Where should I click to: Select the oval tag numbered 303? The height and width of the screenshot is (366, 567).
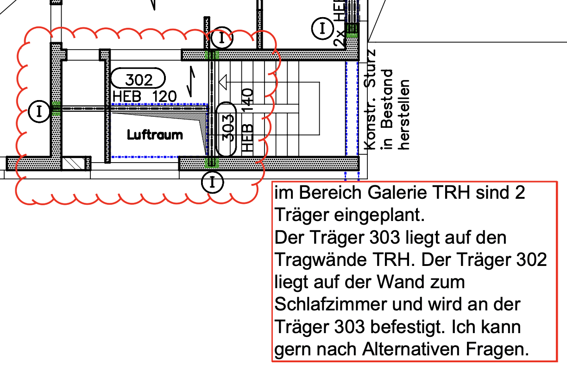click(227, 129)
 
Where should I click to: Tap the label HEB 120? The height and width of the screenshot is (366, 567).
click(145, 96)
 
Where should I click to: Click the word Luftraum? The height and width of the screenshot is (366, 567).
click(155, 135)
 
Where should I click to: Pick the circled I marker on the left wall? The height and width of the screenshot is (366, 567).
click(39, 111)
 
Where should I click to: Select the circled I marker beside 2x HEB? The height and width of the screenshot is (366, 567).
click(322, 29)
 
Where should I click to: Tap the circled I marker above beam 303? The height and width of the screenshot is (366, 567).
click(223, 38)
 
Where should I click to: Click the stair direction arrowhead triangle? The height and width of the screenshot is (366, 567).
click(223, 82)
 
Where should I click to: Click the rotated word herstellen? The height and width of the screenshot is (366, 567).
click(405, 114)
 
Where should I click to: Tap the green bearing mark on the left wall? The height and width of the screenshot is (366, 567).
click(56, 108)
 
